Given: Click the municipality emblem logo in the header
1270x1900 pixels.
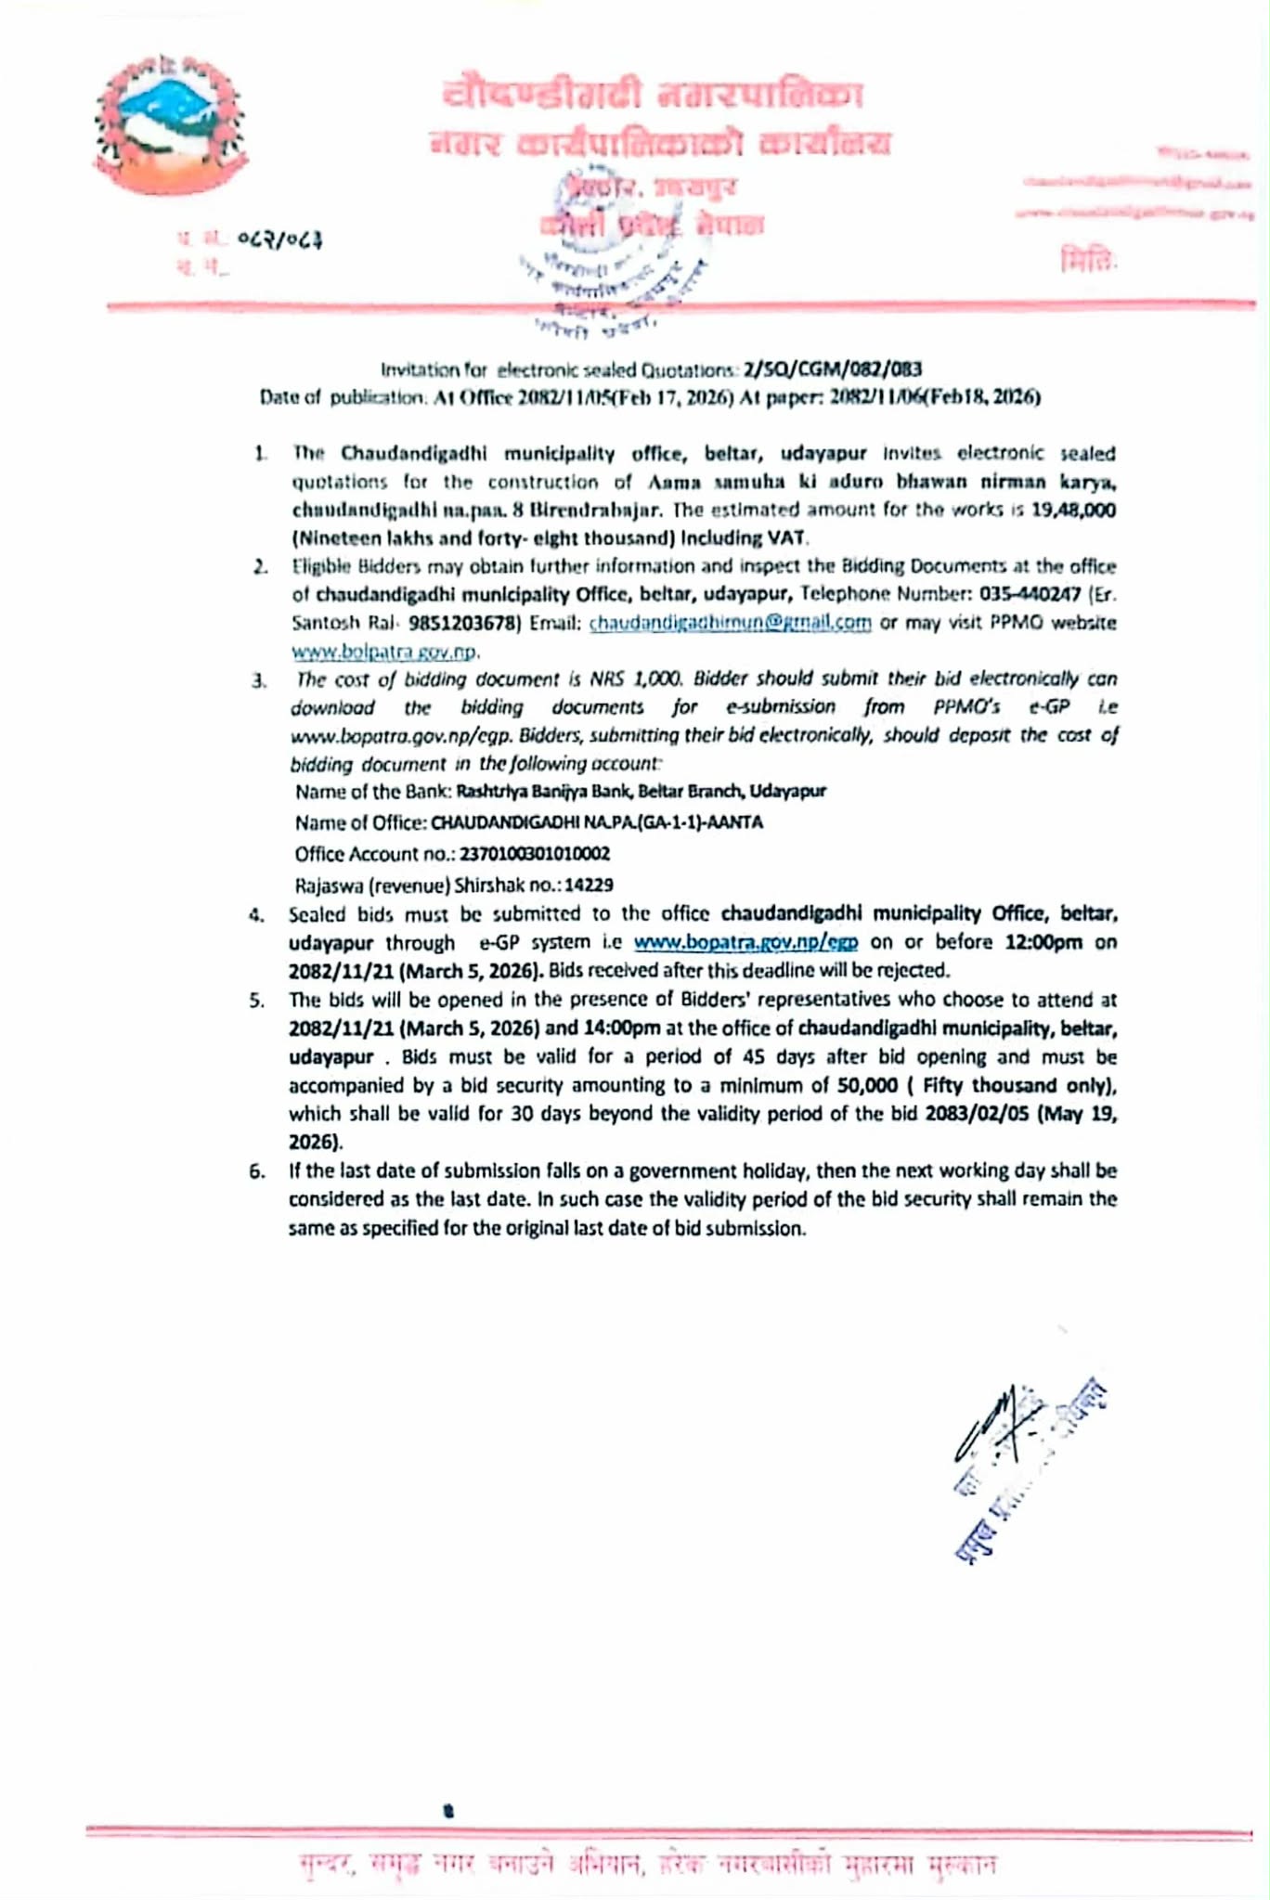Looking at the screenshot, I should coord(170,125).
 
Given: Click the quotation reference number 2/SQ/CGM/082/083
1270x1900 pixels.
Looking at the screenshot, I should coord(832,369).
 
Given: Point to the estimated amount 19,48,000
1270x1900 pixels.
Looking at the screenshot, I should coord(1073,510).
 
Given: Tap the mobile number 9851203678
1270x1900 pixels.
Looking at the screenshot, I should coord(461,623).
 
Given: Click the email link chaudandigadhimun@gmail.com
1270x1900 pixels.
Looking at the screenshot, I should coord(730,623).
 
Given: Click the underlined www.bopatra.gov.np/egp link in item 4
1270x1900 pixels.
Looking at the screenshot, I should coord(745,942).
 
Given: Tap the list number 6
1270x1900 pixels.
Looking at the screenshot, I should coord(257,1171).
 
